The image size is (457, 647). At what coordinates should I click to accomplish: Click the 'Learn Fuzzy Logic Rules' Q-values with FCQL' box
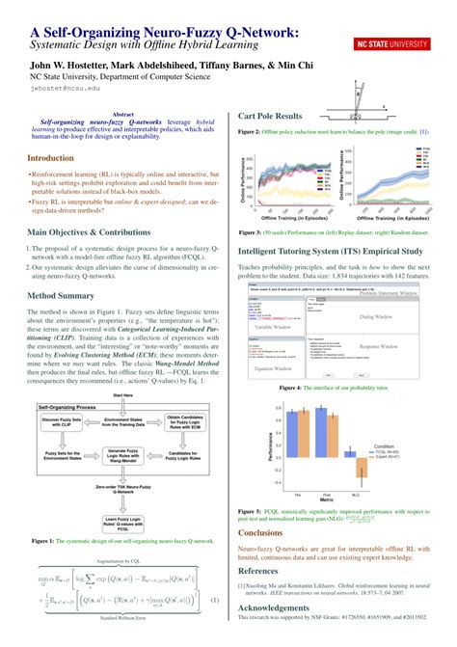pyautogui.click(x=122, y=522)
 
